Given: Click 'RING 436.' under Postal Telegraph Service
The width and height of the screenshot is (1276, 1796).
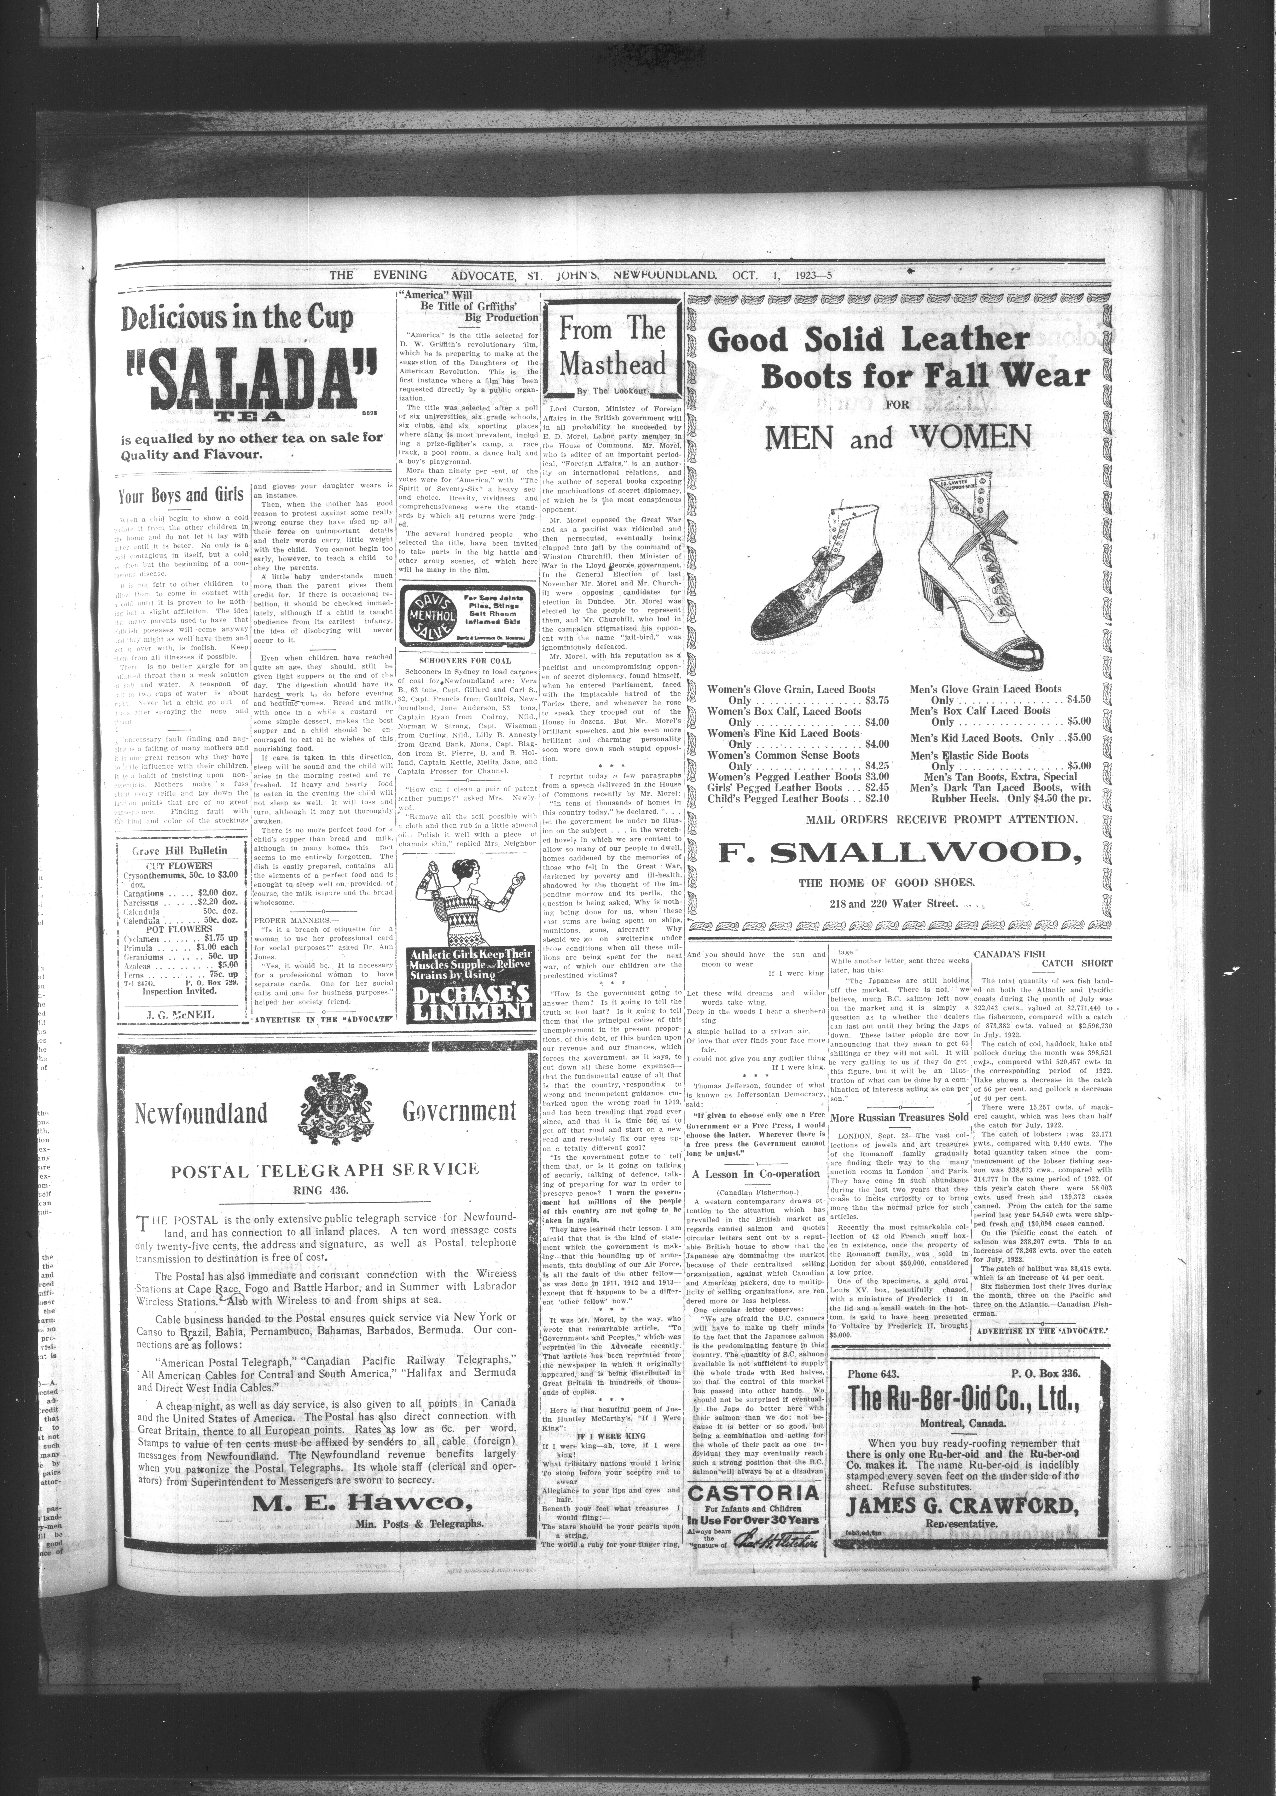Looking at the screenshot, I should [x=324, y=1189].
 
